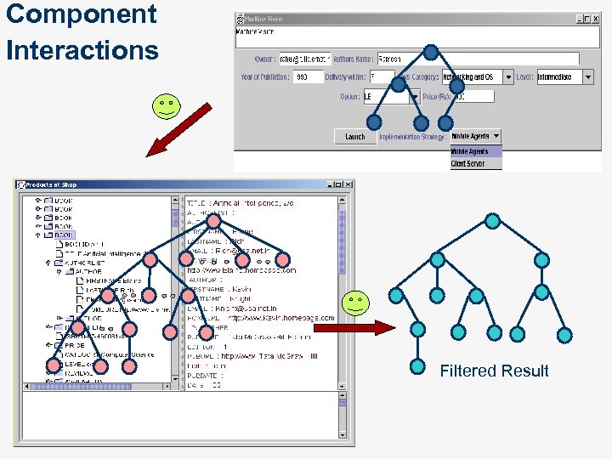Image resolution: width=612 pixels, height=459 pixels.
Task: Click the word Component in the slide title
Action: (x=81, y=14)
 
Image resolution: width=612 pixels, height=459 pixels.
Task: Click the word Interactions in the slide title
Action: (x=82, y=50)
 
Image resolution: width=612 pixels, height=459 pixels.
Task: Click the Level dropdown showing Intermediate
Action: (x=566, y=76)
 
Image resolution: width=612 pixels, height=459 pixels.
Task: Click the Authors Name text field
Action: (x=476, y=59)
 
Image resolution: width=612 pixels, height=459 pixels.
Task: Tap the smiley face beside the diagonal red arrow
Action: (x=165, y=106)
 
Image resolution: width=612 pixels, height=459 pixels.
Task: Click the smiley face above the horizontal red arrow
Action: (x=355, y=303)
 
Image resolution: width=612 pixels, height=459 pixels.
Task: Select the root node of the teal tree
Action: (x=492, y=222)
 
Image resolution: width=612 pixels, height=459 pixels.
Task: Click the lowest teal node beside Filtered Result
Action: (x=417, y=366)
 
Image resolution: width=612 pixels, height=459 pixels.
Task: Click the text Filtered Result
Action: (x=494, y=371)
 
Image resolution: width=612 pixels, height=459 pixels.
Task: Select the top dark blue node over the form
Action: (x=431, y=53)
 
